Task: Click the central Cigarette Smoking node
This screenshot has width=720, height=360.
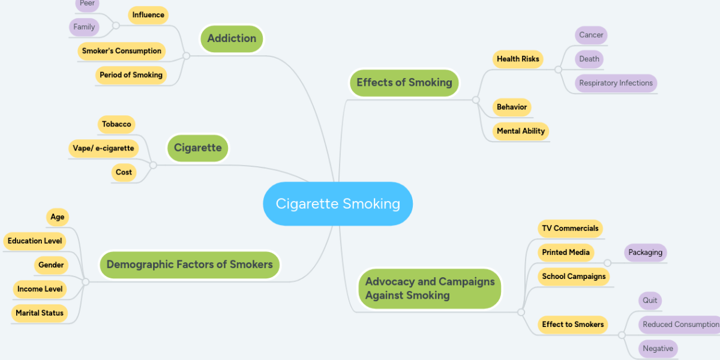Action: coord(338,204)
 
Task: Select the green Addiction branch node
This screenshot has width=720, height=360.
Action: coord(232,38)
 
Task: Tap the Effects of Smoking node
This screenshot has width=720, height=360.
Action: coord(404,83)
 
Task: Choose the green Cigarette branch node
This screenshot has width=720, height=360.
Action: coord(197,148)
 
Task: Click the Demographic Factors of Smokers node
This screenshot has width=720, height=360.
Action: coord(189,265)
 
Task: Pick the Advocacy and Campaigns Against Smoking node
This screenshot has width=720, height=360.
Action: coord(430,289)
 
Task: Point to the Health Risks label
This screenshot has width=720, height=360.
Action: coord(517,59)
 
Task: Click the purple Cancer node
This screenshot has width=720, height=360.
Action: coord(590,35)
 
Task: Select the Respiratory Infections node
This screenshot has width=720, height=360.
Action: coord(616,83)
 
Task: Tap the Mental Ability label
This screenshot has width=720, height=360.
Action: coord(520,131)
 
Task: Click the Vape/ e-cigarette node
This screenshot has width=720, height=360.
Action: coord(103,148)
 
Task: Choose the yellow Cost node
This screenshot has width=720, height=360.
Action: coord(124,172)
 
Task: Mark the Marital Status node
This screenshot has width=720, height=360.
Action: coord(40,313)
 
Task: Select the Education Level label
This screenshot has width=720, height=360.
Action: coord(34,241)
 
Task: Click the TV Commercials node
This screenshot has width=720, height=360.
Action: coord(569,229)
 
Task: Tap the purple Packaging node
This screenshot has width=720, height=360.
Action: coord(645,253)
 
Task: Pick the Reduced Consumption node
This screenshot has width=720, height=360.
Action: coord(679,325)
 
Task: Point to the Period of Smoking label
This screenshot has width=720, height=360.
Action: coord(131,75)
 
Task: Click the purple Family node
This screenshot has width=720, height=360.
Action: coord(84,27)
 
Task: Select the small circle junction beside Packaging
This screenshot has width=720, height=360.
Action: coord(607,263)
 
